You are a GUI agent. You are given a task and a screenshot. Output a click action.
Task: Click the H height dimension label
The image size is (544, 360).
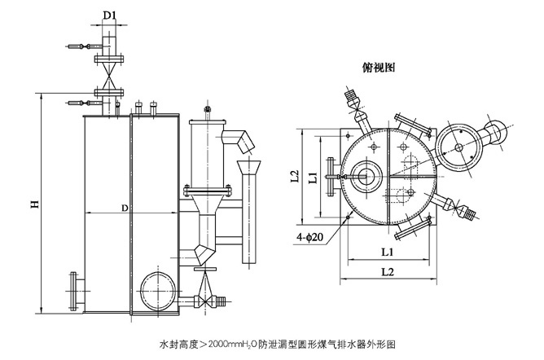pos(35,205)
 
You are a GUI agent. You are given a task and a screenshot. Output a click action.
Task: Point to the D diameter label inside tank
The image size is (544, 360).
pos(125,209)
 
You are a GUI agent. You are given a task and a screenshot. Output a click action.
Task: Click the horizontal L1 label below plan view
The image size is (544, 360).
pos(388,252)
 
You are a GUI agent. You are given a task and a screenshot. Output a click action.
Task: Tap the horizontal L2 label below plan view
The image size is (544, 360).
pos(388,270)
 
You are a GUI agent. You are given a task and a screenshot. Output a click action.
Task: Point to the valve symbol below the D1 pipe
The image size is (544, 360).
pos(106,82)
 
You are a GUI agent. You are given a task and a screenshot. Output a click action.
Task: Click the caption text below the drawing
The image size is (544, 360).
pos(278,344)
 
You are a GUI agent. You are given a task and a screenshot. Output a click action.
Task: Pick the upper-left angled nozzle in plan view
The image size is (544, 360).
pos(354,101)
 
